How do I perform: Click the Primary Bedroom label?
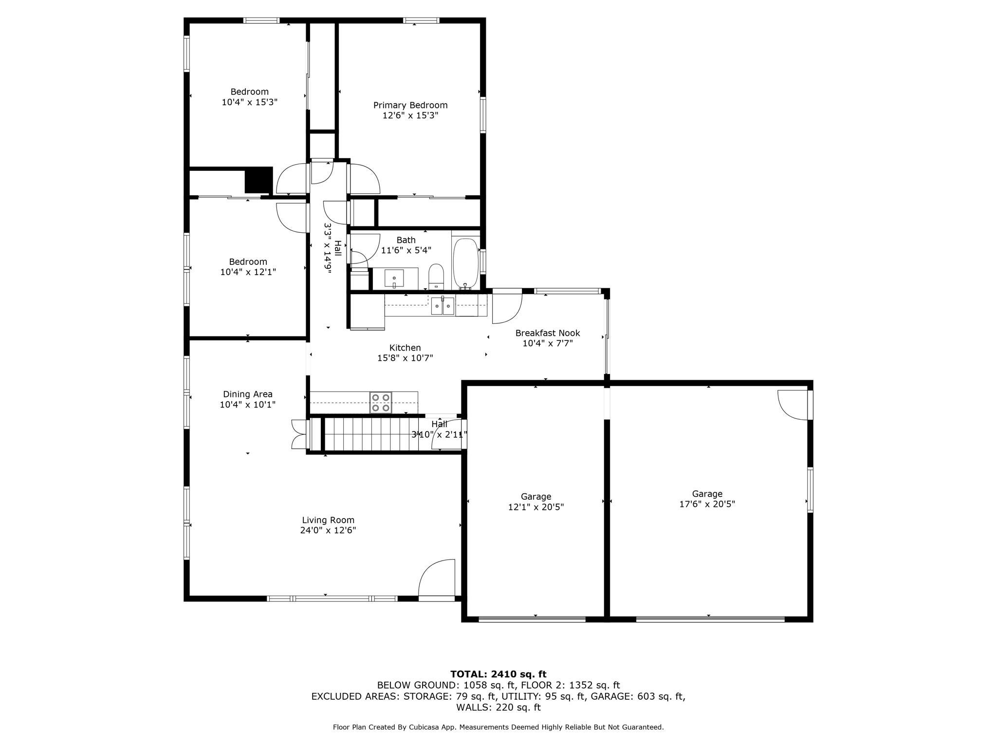410,105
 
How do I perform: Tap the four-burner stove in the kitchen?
381,403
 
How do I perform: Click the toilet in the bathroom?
436,276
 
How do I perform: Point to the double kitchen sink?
443,306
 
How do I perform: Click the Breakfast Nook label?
547,333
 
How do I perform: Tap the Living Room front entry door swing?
437,578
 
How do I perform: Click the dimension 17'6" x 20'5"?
707,505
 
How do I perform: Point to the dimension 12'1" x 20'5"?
535,507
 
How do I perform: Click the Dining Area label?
247,394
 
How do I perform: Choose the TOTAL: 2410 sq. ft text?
498,674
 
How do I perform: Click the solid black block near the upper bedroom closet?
258,180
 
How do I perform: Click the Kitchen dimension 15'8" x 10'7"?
405,358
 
